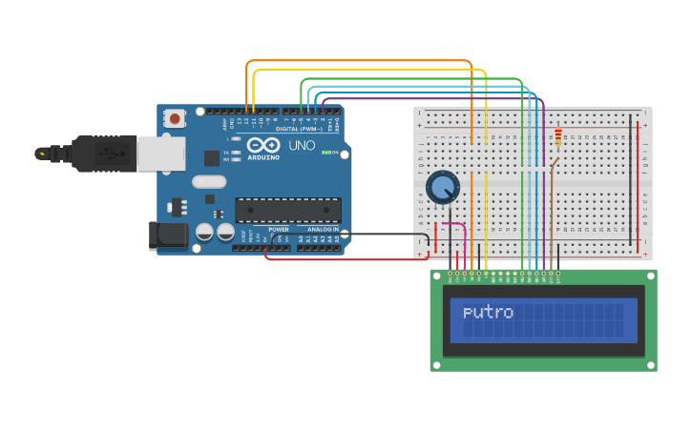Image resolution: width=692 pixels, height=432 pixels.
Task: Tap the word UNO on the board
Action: click(302, 146)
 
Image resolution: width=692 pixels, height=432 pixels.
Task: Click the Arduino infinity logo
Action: click(261, 145)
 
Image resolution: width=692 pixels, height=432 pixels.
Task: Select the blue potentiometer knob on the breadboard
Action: click(443, 187)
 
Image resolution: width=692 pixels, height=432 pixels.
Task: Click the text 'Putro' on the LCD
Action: click(488, 313)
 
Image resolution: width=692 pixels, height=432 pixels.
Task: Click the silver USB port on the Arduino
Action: click(160, 154)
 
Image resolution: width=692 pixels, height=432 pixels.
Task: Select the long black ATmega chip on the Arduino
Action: click(288, 210)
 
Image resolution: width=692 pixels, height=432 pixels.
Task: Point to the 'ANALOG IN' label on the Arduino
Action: click(324, 230)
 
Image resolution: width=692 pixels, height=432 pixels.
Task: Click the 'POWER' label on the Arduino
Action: click(279, 230)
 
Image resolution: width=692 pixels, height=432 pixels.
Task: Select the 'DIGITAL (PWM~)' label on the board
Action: click(300, 128)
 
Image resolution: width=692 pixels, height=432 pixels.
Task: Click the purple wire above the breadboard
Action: click(430, 96)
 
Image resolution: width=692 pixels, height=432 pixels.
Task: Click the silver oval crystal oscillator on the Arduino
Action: click(209, 181)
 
